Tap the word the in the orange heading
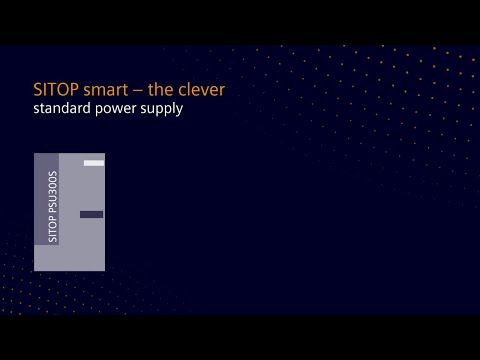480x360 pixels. pyautogui.click(x=159, y=90)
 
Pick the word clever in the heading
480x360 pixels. pyautogui.click(x=202, y=90)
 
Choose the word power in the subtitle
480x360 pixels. pyautogui.click(x=114, y=109)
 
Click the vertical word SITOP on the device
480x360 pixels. pyautogui.click(x=53, y=228)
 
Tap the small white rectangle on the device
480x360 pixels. pyautogui.click(x=94, y=162)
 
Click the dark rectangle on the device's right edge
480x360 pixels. pyautogui.click(x=91, y=214)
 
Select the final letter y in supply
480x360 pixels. pyautogui.click(x=179, y=110)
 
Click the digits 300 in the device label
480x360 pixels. pyautogui.click(x=53, y=187)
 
